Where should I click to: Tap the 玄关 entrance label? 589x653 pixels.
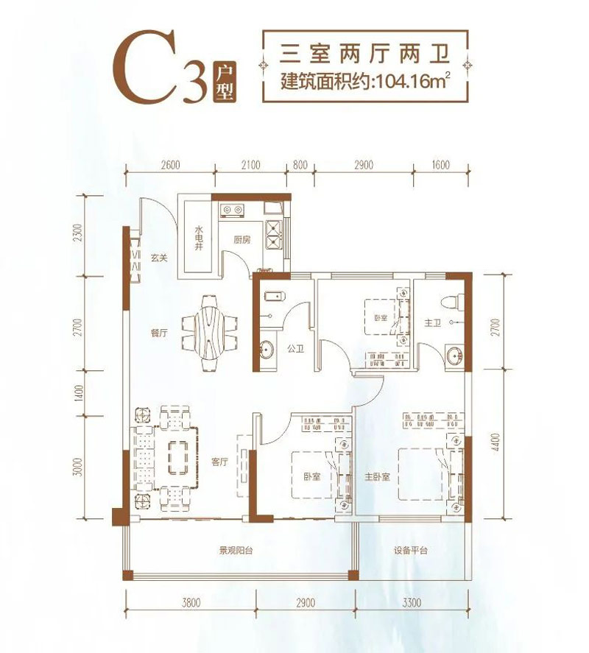point(160,258)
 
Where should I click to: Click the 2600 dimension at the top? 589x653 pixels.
point(169,166)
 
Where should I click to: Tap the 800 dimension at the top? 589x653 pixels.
point(299,166)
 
